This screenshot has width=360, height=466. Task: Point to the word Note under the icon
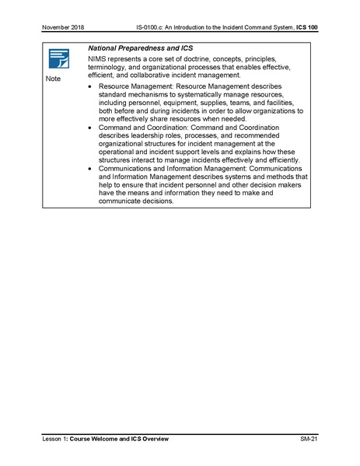(x=52, y=79)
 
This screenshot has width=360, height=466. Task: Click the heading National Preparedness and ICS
(x=141, y=49)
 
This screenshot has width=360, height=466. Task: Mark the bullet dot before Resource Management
(x=90, y=86)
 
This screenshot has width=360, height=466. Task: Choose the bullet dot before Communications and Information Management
(x=90, y=168)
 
